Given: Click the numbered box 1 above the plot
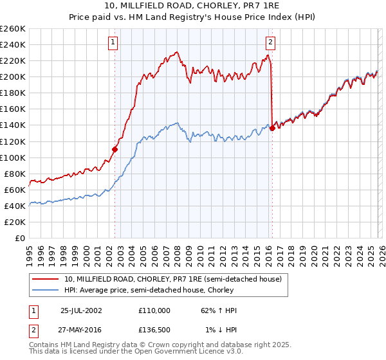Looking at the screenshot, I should click(x=113, y=43).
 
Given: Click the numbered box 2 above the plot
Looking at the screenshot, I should click(x=270, y=43).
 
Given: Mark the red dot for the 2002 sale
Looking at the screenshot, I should click(x=115, y=149).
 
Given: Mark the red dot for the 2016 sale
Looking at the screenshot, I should click(x=272, y=128).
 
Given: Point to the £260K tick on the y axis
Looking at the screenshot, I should click(x=13, y=29).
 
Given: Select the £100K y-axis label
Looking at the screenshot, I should click(x=13, y=157).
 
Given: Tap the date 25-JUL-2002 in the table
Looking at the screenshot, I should click(x=80, y=310).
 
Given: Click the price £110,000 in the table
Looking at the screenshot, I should click(x=154, y=310).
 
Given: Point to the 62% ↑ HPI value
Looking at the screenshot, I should click(x=219, y=310).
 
